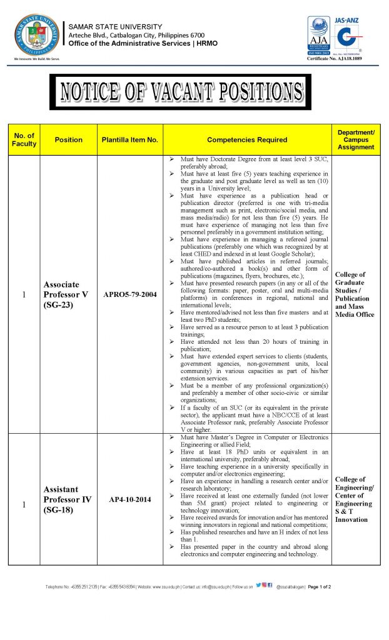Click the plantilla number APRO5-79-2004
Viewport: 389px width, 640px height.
[x=129, y=294]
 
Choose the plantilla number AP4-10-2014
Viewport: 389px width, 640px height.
[x=129, y=499]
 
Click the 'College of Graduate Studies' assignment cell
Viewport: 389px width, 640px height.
[x=356, y=294]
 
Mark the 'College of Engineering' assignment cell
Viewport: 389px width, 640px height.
[x=356, y=499]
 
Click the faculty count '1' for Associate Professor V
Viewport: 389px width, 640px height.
[x=24, y=294]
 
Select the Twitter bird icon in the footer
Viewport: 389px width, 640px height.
[x=258, y=586]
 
